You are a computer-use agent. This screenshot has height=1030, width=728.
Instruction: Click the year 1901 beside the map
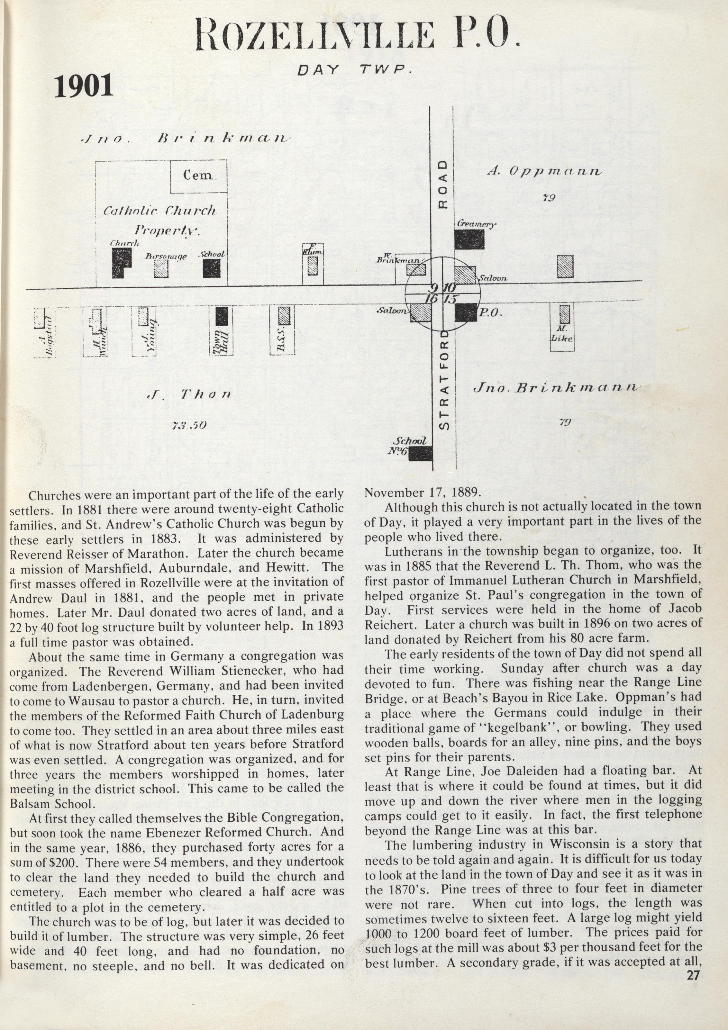[84, 86]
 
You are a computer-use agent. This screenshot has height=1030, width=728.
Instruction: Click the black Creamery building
[469, 239]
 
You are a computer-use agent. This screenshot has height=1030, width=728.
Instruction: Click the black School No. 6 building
[421, 453]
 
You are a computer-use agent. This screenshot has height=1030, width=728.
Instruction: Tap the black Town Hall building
[221, 316]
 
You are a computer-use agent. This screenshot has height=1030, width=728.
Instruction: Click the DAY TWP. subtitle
[355, 70]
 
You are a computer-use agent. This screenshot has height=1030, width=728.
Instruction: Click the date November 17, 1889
[422, 492]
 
